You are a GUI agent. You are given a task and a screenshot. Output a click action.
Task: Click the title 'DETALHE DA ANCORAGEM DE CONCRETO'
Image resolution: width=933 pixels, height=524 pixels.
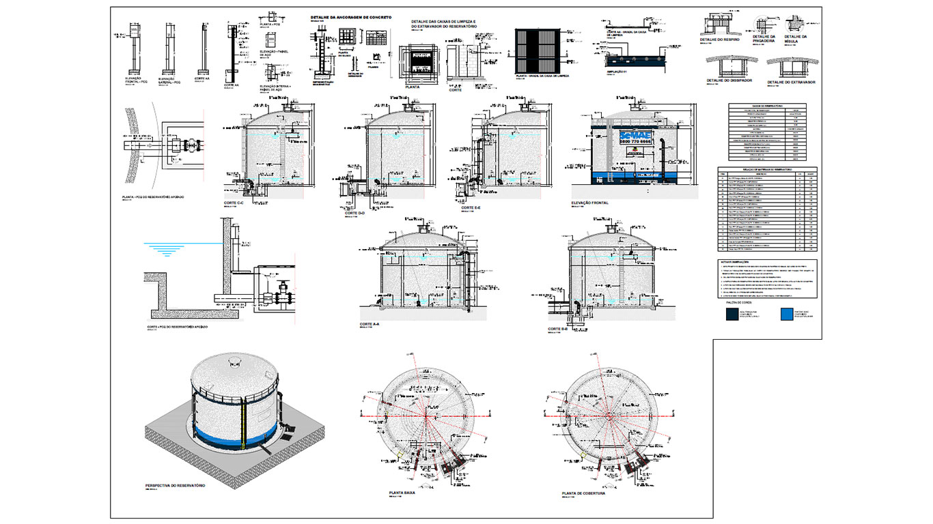[x=350, y=17]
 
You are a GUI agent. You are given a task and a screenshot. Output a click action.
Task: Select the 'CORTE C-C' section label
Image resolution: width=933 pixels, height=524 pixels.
[x=234, y=203]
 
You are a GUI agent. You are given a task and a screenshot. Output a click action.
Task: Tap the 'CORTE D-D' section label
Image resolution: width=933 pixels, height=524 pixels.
[x=351, y=213]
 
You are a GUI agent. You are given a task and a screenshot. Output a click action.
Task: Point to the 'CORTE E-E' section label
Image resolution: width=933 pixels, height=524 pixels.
[x=471, y=207]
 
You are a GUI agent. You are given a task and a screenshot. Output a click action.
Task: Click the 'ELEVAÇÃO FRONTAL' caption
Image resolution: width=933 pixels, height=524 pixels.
[x=592, y=203]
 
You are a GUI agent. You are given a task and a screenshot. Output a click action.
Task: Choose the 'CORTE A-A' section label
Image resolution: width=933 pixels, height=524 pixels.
[x=369, y=325]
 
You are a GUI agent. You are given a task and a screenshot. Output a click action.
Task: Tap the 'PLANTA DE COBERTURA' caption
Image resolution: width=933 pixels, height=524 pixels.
[x=583, y=493]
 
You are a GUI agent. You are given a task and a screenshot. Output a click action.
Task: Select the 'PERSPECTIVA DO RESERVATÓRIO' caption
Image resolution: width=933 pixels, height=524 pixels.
[x=175, y=485]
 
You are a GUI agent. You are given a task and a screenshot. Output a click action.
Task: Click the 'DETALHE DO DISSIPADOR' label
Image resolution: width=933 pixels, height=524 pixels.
[x=729, y=81]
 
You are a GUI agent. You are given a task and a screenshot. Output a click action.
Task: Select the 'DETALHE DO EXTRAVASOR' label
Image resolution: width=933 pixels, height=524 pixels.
[x=792, y=82]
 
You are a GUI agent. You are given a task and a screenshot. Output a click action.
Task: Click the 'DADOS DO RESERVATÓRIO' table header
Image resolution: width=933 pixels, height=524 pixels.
[x=767, y=106]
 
